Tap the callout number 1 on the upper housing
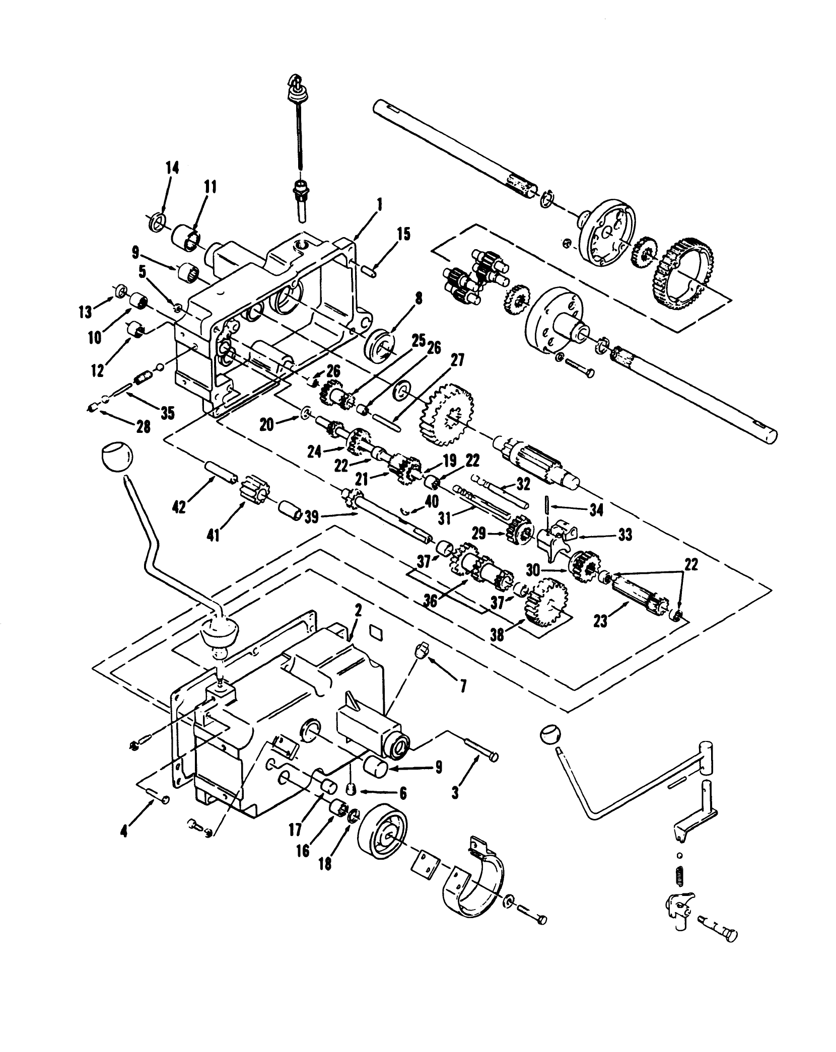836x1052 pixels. coord(379,204)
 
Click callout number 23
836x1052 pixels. coord(599,622)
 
